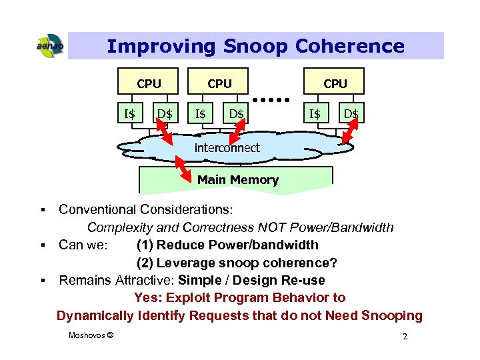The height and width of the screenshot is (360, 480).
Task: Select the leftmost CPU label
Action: tap(149, 83)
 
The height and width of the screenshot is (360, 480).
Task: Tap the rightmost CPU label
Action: tap(335, 83)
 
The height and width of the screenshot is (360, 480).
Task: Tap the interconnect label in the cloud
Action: tap(227, 148)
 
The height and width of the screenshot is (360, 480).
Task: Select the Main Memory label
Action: tap(237, 179)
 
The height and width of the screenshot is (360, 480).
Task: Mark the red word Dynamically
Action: tap(95, 315)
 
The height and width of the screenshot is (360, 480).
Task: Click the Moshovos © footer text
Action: tap(91, 335)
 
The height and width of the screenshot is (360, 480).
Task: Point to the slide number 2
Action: tap(405, 337)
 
